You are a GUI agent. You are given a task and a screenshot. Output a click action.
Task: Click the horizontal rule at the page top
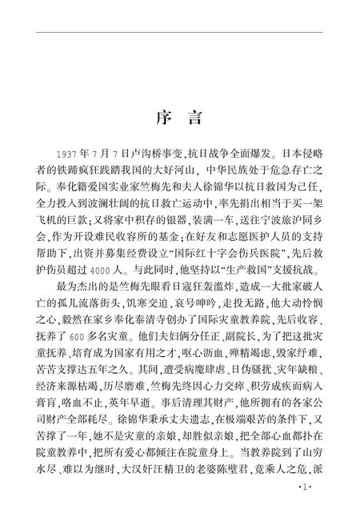180,33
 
